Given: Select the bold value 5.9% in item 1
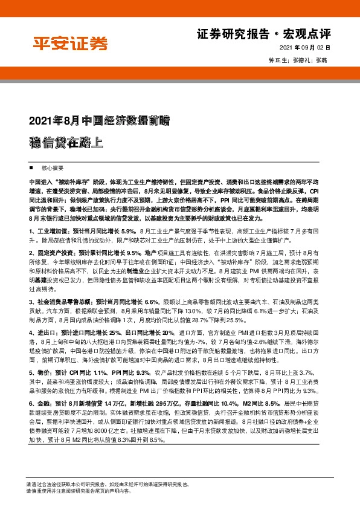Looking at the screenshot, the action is pos(129,231).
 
